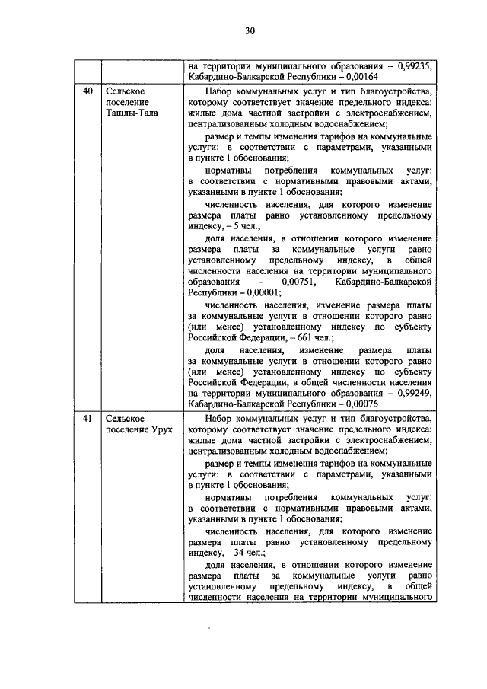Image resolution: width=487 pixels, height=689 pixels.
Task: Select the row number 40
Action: (88, 91)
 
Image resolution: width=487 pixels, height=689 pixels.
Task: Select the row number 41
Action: (88, 418)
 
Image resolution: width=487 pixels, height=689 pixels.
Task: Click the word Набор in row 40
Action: (221, 91)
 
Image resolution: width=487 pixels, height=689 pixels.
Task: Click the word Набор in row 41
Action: (221, 418)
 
